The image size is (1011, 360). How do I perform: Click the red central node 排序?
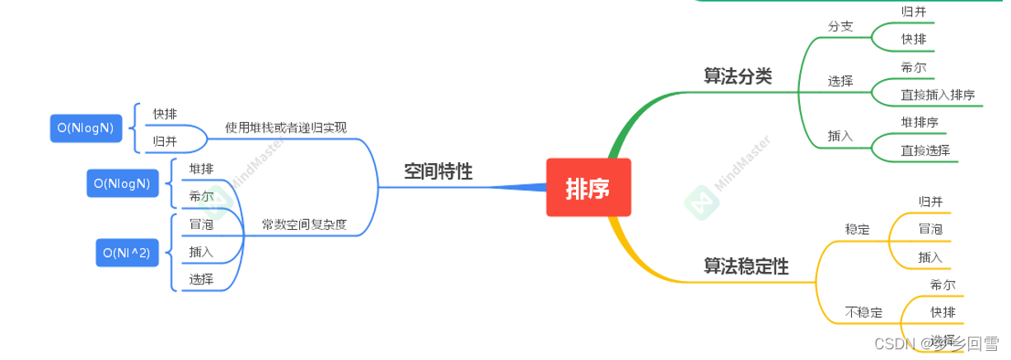[587, 187]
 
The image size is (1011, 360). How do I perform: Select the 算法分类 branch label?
[737, 76]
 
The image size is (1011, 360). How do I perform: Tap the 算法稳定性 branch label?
[746, 266]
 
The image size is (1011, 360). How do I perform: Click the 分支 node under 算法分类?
[840, 26]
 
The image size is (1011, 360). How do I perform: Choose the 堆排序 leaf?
[920, 122]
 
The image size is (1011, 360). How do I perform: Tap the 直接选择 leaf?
[925, 150]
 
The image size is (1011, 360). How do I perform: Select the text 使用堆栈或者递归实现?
[286, 128]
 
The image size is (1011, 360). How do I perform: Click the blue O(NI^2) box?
[126, 254]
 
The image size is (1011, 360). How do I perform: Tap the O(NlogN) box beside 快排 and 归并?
[85, 127]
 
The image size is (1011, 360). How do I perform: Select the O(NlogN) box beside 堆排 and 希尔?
[121, 184]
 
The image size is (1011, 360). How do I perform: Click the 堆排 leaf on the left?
[201, 169]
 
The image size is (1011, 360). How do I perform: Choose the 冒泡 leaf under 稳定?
[930, 228]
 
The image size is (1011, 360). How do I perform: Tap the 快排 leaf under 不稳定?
[942, 311]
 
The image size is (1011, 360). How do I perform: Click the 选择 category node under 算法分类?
[840, 81]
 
